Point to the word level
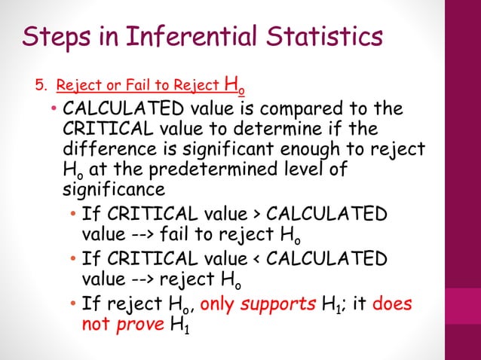tap(308, 169)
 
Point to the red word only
tap(218, 305)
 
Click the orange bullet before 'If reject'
tap(72, 305)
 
